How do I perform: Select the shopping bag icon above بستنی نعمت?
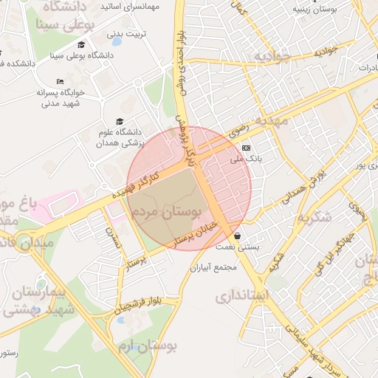[x=236, y=236]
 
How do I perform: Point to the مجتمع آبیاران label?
[x=214, y=268]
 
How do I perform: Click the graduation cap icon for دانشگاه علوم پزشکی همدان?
[x=120, y=122]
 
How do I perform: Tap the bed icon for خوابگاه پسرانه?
[x=60, y=81]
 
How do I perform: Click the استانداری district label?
[x=244, y=296]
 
